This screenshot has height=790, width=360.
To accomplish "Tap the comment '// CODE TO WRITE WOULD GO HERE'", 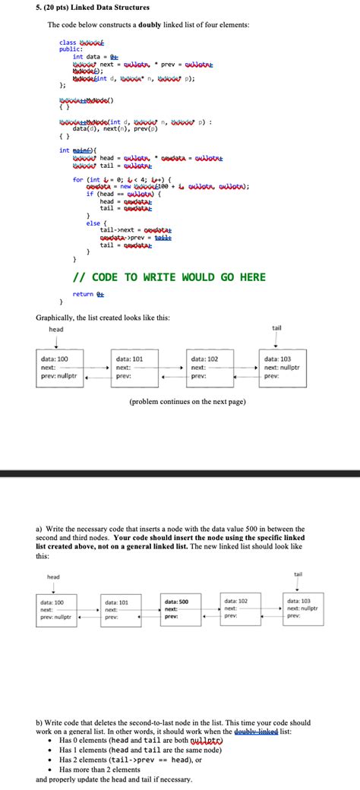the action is click(169, 277).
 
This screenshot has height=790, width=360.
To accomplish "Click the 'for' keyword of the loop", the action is click(77, 179).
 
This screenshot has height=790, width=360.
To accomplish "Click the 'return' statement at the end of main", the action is click(84, 293).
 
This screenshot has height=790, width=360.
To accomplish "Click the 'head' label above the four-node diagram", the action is click(56, 329).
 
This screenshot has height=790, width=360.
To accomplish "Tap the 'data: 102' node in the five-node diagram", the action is click(245, 608).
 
